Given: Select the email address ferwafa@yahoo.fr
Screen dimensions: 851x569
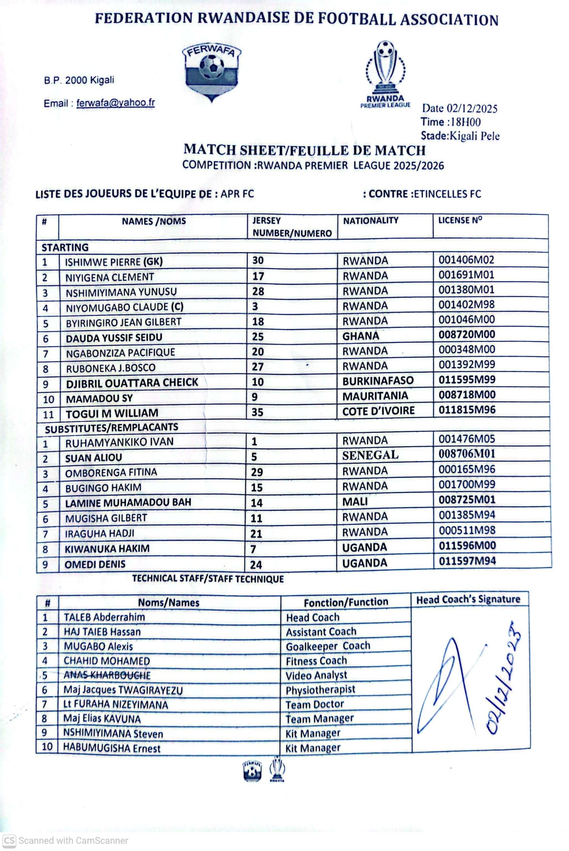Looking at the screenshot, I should pyautogui.click(x=115, y=103).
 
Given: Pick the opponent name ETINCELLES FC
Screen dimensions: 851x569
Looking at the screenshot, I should pyautogui.click(x=447, y=194).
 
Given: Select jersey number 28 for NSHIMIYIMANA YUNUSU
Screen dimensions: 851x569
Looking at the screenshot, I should pyautogui.click(x=258, y=292).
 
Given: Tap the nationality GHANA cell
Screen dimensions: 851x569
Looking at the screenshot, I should pyautogui.click(x=361, y=336).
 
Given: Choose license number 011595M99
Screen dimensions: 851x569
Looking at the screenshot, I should pyautogui.click(x=467, y=380).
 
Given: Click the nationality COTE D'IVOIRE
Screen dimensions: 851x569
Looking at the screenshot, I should pyautogui.click(x=378, y=411).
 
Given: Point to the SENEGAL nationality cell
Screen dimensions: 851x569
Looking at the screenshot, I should pyautogui.click(x=370, y=455).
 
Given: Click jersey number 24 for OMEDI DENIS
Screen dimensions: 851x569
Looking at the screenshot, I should pyautogui.click(x=256, y=565).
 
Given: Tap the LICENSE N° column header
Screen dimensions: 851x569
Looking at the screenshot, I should pyautogui.click(x=460, y=220).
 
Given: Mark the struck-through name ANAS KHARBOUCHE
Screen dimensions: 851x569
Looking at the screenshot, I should pyautogui.click(x=107, y=675).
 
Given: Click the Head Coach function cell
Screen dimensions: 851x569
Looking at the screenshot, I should pyautogui.click(x=313, y=618).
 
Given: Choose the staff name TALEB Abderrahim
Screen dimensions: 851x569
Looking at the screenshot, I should pyautogui.click(x=104, y=617).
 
